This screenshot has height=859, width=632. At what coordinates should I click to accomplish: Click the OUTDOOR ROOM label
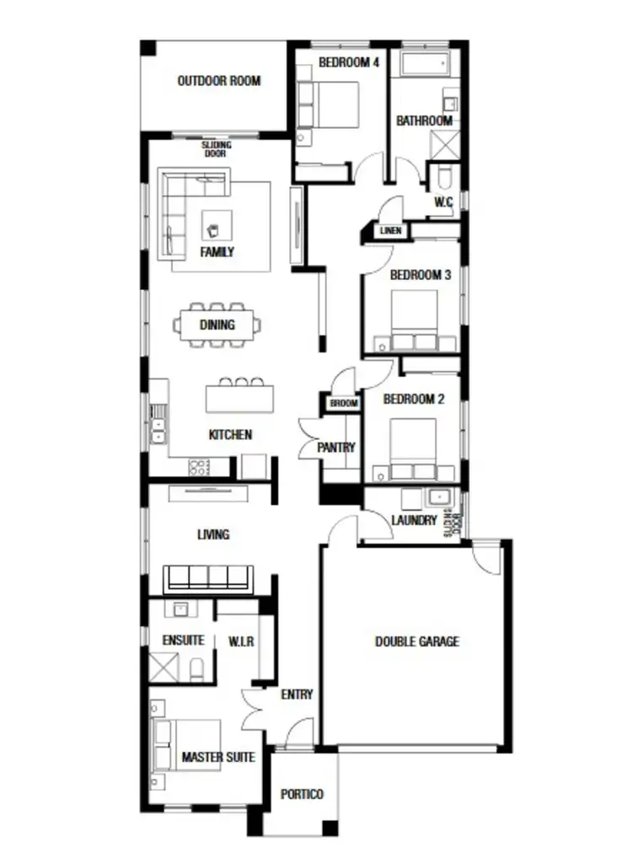tap(218, 82)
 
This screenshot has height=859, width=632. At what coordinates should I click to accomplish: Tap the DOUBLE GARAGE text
tap(417, 642)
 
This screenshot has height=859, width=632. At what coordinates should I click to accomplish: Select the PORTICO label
tap(302, 794)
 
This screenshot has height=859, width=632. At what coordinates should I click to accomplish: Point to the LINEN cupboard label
tap(390, 230)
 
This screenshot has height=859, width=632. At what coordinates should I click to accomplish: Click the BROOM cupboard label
tap(343, 405)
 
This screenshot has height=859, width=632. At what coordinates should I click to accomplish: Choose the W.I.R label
tap(241, 642)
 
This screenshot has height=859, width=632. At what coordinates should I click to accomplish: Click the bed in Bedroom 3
tap(415, 319)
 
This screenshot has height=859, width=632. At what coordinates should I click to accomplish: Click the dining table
tap(217, 324)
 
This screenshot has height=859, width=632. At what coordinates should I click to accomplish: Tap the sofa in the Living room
tap(208, 579)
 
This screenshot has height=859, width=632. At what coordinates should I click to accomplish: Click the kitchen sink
tap(157, 424)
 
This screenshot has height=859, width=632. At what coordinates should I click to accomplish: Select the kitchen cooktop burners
tap(200, 466)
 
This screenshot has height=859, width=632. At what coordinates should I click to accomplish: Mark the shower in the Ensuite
tap(163, 666)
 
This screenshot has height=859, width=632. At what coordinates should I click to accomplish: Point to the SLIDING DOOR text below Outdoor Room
tap(217, 149)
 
